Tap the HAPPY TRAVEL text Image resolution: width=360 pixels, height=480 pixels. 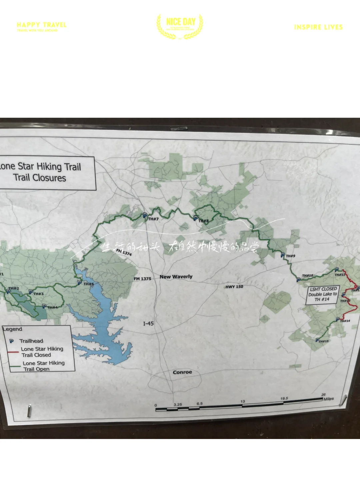pyautogui.click(x=42, y=25)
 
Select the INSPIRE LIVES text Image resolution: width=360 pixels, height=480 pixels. pyautogui.click(x=318, y=27)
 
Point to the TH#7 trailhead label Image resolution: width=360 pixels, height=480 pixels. pyautogui.click(x=153, y=219)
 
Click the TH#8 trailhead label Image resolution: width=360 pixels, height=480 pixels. pyautogui.click(x=203, y=221)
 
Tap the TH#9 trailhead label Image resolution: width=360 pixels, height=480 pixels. pyautogui.click(x=290, y=256)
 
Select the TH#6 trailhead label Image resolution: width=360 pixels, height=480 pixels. pyautogui.click(x=89, y=284)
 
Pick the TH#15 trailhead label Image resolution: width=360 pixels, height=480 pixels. pyautogui.click(x=323, y=341)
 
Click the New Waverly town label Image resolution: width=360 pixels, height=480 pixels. pyautogui.click(x=176, y=277)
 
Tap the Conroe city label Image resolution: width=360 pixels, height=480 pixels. pyautogui.click(x=182, y=372)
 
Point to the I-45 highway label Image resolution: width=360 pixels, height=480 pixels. pyautogui.click(x=148, y=323)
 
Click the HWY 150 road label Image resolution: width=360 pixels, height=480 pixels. pyautogui.click(x=234, y=287)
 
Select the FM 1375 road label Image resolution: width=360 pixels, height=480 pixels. pyautogui.click(x=142, y=279)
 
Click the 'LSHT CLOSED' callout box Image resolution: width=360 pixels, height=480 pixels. pyautogui.click(x=323, y=294)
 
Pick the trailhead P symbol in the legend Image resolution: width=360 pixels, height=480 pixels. pyautogui.click(x=12, y=341)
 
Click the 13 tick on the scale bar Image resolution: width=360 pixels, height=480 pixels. pyautogui.click(x=243, y=402)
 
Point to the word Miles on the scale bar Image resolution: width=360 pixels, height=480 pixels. pyautogui.click(x=328, y=399)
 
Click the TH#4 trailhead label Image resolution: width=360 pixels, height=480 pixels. pyautogui.click(x=53, y=307)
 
